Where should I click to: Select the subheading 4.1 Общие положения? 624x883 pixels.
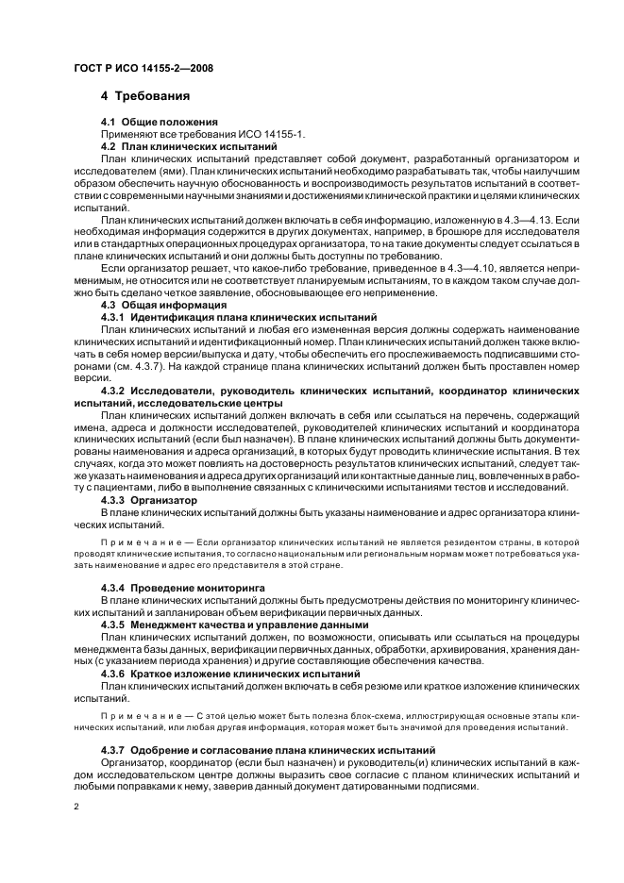[x=160, y=122]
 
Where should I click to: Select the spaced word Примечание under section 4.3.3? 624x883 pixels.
[x=133, y=545]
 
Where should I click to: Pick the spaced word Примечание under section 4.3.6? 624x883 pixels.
[x=133, y=718]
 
